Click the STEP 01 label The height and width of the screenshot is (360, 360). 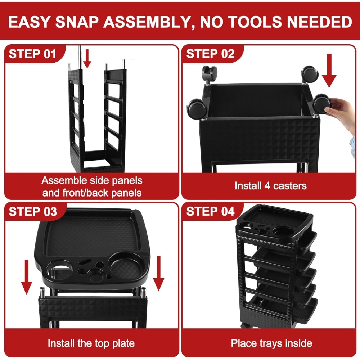pos(32,54)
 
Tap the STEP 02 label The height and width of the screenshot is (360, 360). pos(210,54)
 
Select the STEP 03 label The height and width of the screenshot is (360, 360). pos(33,211)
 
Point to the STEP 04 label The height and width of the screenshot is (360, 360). pos(210,211)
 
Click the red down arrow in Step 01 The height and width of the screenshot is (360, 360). pos(87,59)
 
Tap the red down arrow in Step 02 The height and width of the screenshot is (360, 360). pos(329,71)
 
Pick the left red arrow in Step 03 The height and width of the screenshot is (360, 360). pos(27,277)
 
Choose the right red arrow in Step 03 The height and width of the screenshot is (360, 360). pos(158,274)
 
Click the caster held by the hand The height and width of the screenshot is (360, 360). pos(321,104)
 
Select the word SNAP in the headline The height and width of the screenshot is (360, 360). pos(77,22)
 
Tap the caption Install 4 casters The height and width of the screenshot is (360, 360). pos(270,186)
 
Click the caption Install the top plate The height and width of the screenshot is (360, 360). pos(91,343)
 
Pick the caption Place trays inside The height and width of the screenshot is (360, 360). pos(271,343)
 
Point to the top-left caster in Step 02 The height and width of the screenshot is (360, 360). pos(210,74)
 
